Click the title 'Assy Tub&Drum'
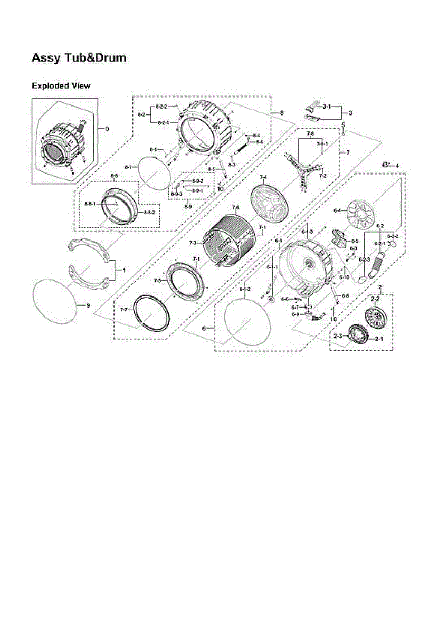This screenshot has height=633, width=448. [79, 58]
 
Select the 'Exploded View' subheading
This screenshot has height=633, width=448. [61, 85]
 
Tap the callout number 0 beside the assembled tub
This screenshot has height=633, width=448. [108, 129]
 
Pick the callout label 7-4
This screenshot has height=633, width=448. [263, 177]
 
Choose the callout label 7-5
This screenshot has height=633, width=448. [158, 280]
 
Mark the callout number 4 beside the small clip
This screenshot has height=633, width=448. [397, 166]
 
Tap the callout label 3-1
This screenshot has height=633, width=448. [327, 108]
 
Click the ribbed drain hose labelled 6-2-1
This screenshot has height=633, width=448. [377, 264]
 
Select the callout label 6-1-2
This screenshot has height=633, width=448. [244, 290]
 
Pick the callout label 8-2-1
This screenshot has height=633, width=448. [163, 122]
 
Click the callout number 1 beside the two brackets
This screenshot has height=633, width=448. [124, 270]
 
